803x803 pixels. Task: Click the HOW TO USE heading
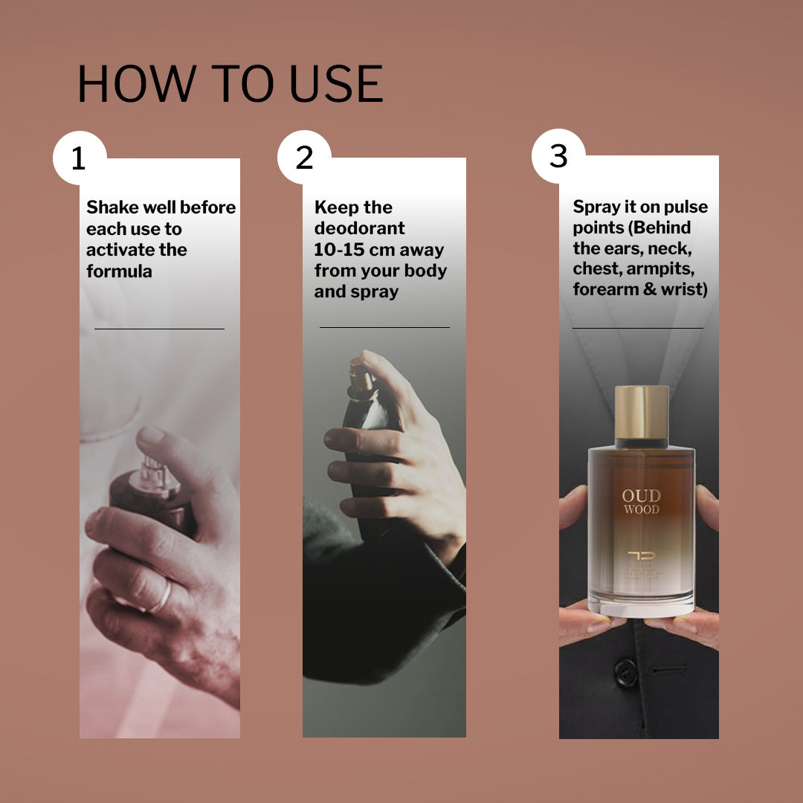pyautogui.click(x=230, y=83)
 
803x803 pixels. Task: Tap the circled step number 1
pyautogui.click(x=79, y=158)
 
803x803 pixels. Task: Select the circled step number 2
pyautogui.click(x=304, y=158)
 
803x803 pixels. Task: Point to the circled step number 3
pyautogui.click(x=558, y=156)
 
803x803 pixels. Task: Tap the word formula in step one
pyautogui.click(x=119, y=271)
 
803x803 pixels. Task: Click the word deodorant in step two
pyautogui.click(x=359, y=228)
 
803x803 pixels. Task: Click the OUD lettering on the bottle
pyautogui.click(x=641, y=496)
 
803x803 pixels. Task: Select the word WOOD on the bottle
pyautogui.click(x=641, y=510)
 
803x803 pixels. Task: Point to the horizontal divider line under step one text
pyautogui.click(x=159, y=328)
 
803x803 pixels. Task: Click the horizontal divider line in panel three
pyautogui.click(x=637, y=328)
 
